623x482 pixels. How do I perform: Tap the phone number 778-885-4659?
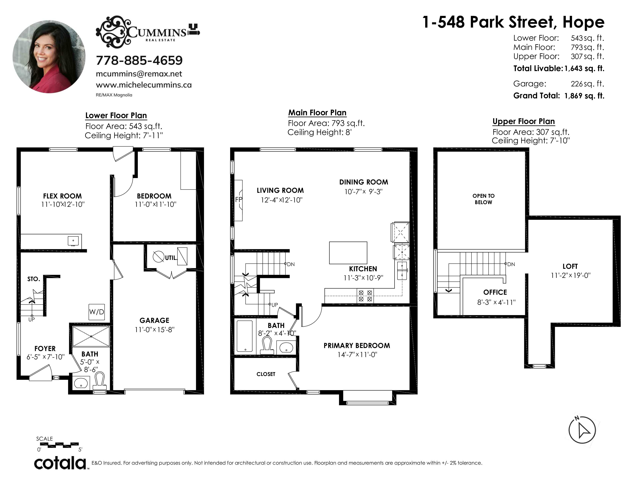click(x=139, y=60)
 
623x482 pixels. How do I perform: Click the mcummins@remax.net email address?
click(x=139, y=74)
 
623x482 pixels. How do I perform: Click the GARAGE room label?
click(x=154, y=320)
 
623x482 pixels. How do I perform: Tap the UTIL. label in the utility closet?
click(x=171, y=258)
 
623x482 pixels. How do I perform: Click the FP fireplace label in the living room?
click(x=238, y=200)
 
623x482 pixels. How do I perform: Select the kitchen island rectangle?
click(x=348, y=253)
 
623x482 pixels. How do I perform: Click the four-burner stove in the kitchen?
click(x=365, y=296)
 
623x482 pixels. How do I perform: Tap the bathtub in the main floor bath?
click(x=245, y=336)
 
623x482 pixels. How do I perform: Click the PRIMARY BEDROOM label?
click(x=357, y=346)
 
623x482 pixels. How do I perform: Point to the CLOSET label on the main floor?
click(x=266, y=374)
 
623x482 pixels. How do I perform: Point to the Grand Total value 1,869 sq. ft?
click(x=584, y=96)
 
